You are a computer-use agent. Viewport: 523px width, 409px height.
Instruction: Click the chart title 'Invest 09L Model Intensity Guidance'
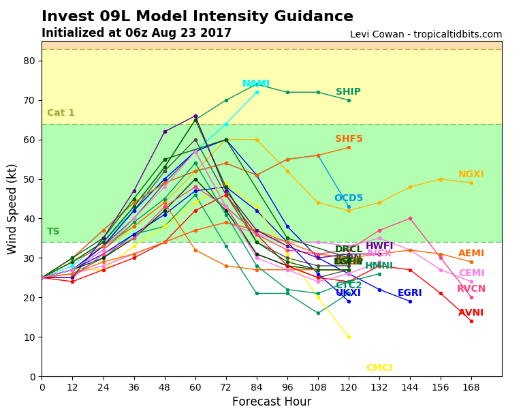197,17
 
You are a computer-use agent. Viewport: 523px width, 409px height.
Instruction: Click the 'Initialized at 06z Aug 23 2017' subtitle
136,33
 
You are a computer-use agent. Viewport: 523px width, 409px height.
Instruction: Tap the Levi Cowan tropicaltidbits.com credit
426,35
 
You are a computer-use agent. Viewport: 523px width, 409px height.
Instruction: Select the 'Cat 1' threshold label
61,113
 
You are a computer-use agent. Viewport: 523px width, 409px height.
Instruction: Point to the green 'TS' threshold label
53,232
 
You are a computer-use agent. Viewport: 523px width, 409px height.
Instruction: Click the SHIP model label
348,92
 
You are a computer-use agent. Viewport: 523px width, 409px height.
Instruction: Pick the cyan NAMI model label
256,84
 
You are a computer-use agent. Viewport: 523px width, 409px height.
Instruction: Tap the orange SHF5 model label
349,139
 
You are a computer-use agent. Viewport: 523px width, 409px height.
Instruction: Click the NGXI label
471,175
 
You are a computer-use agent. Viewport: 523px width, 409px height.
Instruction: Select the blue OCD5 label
348,198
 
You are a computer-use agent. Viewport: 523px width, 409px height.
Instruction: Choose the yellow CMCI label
379,368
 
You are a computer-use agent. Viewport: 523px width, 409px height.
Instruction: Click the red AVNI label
471,313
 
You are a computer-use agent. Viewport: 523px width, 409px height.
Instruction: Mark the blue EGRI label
409,293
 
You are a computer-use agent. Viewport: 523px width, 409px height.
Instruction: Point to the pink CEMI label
471,273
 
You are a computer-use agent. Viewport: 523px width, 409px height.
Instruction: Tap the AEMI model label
471,254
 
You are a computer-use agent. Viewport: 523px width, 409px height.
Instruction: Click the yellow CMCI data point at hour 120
349,337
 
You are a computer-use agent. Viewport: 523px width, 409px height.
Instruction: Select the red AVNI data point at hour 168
471,321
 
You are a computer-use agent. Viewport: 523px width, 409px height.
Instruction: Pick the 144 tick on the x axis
410,386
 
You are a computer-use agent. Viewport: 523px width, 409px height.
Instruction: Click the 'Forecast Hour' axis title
272,402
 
